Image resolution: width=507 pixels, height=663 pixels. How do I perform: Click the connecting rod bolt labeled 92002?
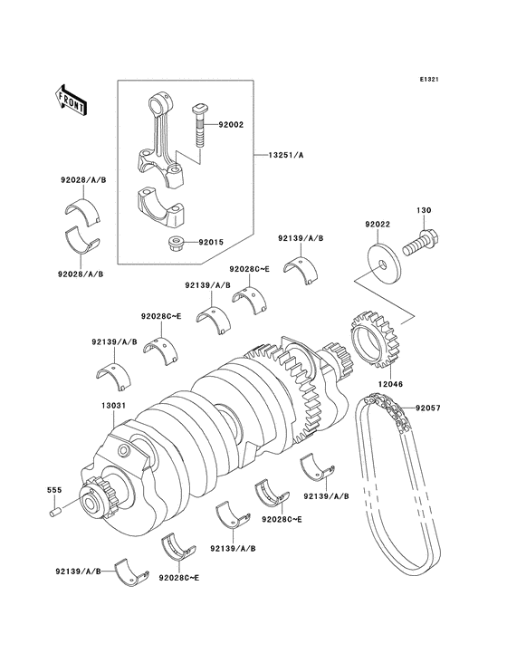(x=198, y=126)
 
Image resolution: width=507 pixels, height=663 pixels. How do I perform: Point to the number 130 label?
(x=422, y=210)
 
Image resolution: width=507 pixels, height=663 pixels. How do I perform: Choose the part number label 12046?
(x=392, y=384)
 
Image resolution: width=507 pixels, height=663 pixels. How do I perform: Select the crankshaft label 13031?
(x=101, y=407)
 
